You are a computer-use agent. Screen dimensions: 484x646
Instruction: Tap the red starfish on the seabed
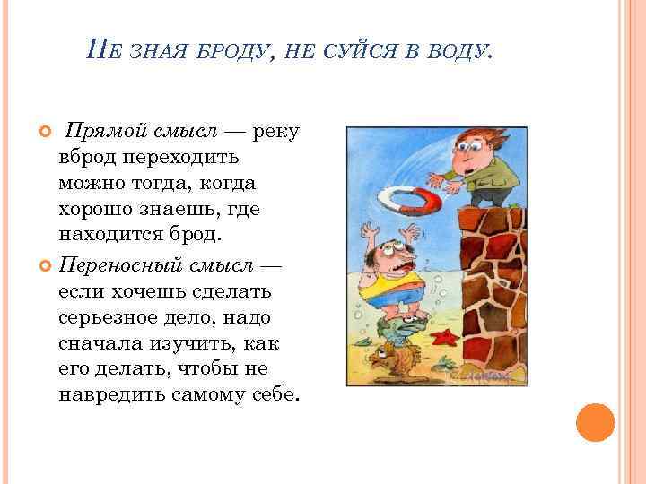442,339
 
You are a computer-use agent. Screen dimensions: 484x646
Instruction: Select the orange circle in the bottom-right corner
594,421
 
